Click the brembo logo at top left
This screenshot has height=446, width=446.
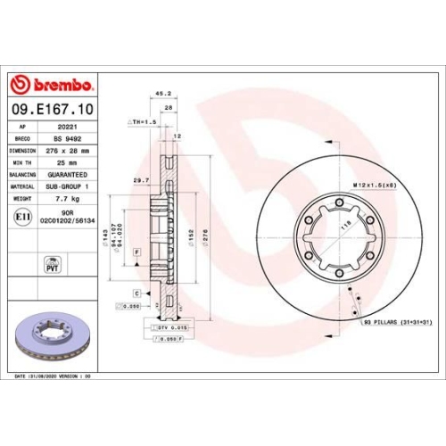[51, 85]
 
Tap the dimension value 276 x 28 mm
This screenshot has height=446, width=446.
[76, 152]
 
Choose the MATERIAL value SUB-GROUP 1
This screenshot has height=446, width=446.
[75, 187]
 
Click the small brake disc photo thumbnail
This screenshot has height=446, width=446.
[52, 336]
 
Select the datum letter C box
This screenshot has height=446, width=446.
[136, 293]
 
